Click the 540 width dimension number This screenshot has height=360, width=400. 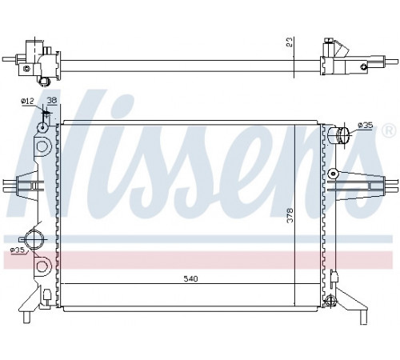coord(190,279)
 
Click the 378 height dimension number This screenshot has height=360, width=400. coord(290,215)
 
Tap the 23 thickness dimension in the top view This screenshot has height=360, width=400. coord(290,42)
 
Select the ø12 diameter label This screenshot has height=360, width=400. coord(27,101)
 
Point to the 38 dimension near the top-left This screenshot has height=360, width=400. coord(52,100)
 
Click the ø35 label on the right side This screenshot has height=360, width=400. coord(365,125)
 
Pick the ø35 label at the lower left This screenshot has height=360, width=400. coord(18,250)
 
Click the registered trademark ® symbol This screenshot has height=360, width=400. coord(389,131)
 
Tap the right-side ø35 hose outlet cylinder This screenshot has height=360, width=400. coord(338,135)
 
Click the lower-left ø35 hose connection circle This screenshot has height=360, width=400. coord(34,238)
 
